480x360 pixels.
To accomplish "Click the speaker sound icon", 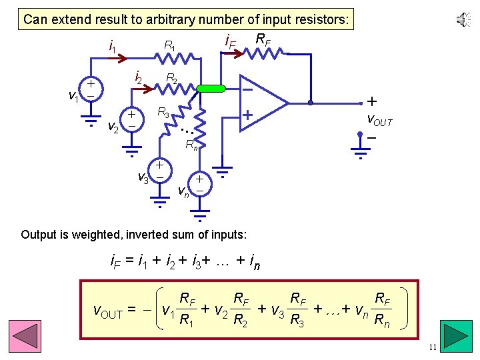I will coord(463,20).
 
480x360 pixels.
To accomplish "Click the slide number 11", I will coord(433,347).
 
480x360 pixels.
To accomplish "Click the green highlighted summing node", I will coord(211,87).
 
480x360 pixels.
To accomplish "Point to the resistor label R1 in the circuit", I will coord(170,47).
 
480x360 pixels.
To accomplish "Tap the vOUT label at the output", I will coord(380,121).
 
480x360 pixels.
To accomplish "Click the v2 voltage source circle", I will coord(132,119).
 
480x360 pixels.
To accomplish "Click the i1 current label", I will coord(113,47).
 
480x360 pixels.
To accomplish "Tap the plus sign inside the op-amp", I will coord(247,115).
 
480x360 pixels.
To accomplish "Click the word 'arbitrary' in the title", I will coord(171,19).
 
